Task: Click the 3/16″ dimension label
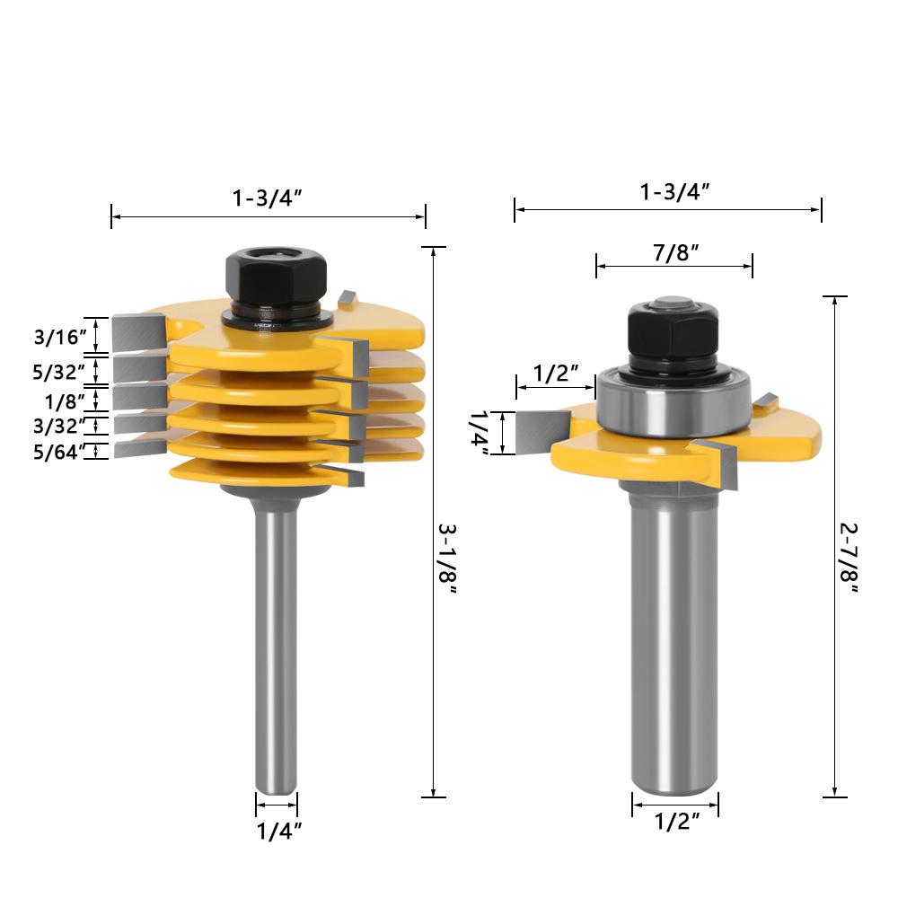coord(60,337)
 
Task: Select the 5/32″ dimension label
coord(59,373)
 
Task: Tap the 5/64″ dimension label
coord(59,452)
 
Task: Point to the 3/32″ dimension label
coord(59,426)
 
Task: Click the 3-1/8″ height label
coord(447,559)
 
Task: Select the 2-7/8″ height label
coord(849,559)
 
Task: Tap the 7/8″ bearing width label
coord(676,252)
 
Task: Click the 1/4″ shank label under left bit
coord(279,831)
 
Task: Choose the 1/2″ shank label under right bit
coord(677,822)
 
